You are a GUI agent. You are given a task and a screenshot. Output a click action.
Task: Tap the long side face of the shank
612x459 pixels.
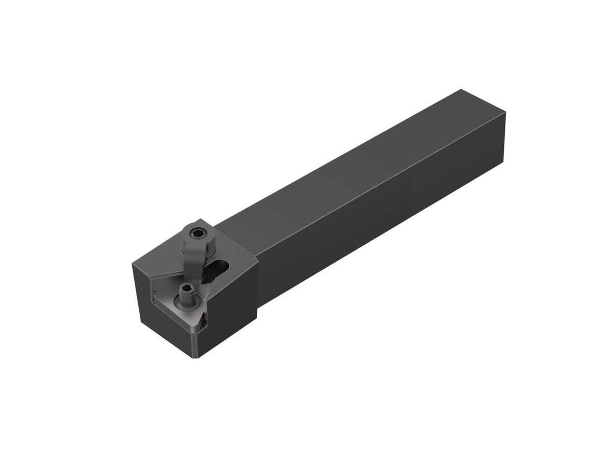tap(382, 219)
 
